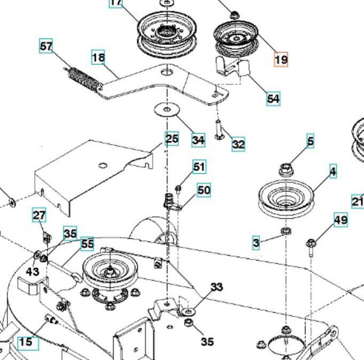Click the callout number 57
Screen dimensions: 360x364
point(46,46)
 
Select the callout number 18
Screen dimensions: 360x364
point(99,57)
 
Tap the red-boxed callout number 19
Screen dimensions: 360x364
point(281,58)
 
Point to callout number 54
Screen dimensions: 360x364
point(273,99)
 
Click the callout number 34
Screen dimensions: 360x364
point(198,139)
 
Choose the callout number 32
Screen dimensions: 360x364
point(238,144)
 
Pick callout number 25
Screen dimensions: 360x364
point(172,138)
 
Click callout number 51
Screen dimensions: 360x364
point(199,166)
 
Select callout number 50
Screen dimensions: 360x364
point(204,190)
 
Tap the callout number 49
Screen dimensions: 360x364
point(340,220)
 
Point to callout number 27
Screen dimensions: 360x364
point(39,215)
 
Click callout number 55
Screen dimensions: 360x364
point(87,244)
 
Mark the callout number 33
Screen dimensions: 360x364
point(216,287)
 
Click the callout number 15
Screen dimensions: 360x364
point(25,342)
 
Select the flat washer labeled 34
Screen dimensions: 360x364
point(165,109)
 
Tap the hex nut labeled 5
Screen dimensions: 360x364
point(286,167)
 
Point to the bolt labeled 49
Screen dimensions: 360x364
point(311,246)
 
